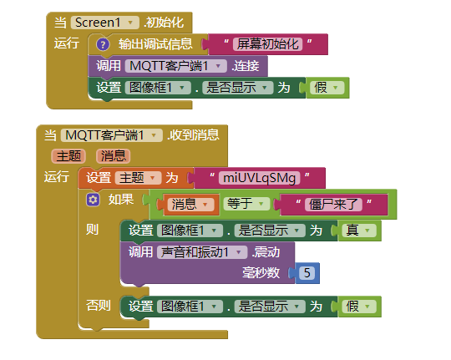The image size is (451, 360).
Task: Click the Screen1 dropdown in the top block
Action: click(x=105, y=23)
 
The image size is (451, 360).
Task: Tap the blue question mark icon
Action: click(x=103, y=44)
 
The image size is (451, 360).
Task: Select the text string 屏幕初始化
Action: click(x=268, y=44)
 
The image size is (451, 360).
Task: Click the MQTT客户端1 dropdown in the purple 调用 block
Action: click(x=175, y=66)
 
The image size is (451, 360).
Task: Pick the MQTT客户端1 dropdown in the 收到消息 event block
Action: click(x=112, y=135)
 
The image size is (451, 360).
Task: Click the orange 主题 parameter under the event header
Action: click(x=68, y=156)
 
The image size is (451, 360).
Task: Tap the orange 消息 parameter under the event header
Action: click(x=114, y=156)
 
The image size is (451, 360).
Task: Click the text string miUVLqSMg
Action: click(x=260, y=178)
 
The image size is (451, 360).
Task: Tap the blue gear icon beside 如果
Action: click(x=93, y=200)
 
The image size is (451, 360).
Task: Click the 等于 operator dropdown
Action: click(x=246, y=204)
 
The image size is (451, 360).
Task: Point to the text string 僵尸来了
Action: click(x=333, y=205)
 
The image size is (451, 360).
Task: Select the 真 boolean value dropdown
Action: click(x=359, y=231)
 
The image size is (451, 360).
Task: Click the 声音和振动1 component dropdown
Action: click(x=202, y=252)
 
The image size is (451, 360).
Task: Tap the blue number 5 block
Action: click(x=307, y=273)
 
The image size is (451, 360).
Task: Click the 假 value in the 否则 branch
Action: click(x=359, y=307)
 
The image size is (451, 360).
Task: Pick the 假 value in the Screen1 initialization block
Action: click(x=327, y=88)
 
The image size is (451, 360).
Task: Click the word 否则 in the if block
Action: click(x=99, y=306)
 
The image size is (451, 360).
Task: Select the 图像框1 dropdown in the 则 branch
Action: click(x=190, y=231)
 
